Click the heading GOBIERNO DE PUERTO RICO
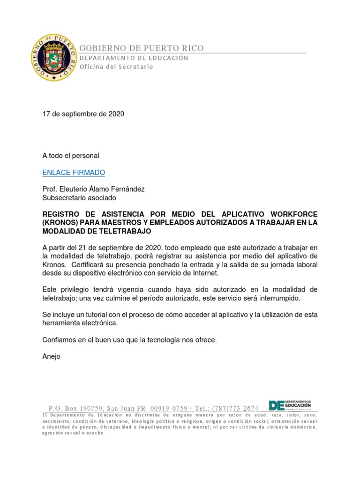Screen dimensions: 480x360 pyautogui.click(x=141, y=48)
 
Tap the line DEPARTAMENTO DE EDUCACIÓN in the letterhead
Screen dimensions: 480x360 pyautogui.click(x=134, y=58)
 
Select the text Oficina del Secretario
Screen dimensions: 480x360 pyautogui.click(x=116, y=67)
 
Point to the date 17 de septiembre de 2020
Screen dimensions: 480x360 pyautogui.click(x=83, y=114)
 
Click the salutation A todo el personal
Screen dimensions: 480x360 pyautogui.click(x=71, y=155)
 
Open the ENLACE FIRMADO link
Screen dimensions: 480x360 pyautogui.click(x=74, y=172)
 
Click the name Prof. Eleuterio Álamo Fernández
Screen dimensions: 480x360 pyautogui.click(x=93, y=189)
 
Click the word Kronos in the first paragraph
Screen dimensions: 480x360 pyautogui.click(x=54, y=264)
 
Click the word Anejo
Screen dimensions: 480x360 pyautogui.click(x=52, y=356)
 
